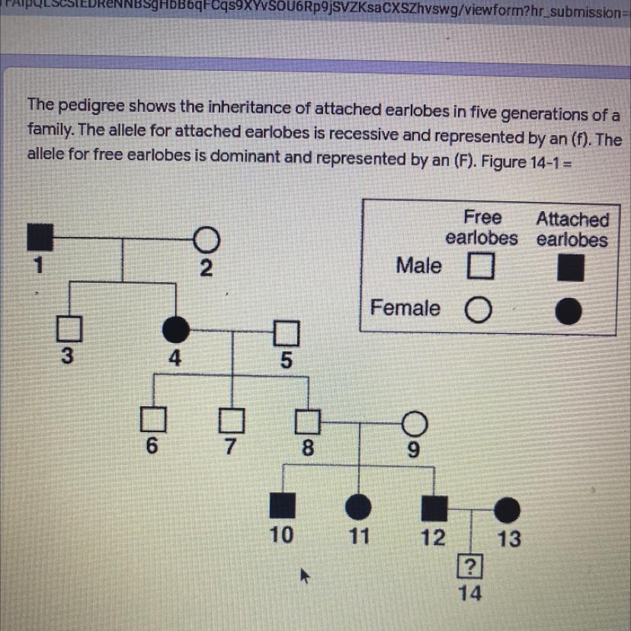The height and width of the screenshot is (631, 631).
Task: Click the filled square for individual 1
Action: coord(39,239)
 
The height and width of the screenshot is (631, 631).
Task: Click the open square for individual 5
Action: coord(285,333)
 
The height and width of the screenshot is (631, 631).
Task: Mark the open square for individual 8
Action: coord(308,420)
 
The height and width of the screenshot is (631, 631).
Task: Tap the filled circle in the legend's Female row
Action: coord(569,311)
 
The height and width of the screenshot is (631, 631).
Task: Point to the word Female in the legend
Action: coord(405,308)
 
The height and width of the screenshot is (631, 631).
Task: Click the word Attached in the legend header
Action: coord(572,219)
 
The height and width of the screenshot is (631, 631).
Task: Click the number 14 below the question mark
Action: coord(471,594)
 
